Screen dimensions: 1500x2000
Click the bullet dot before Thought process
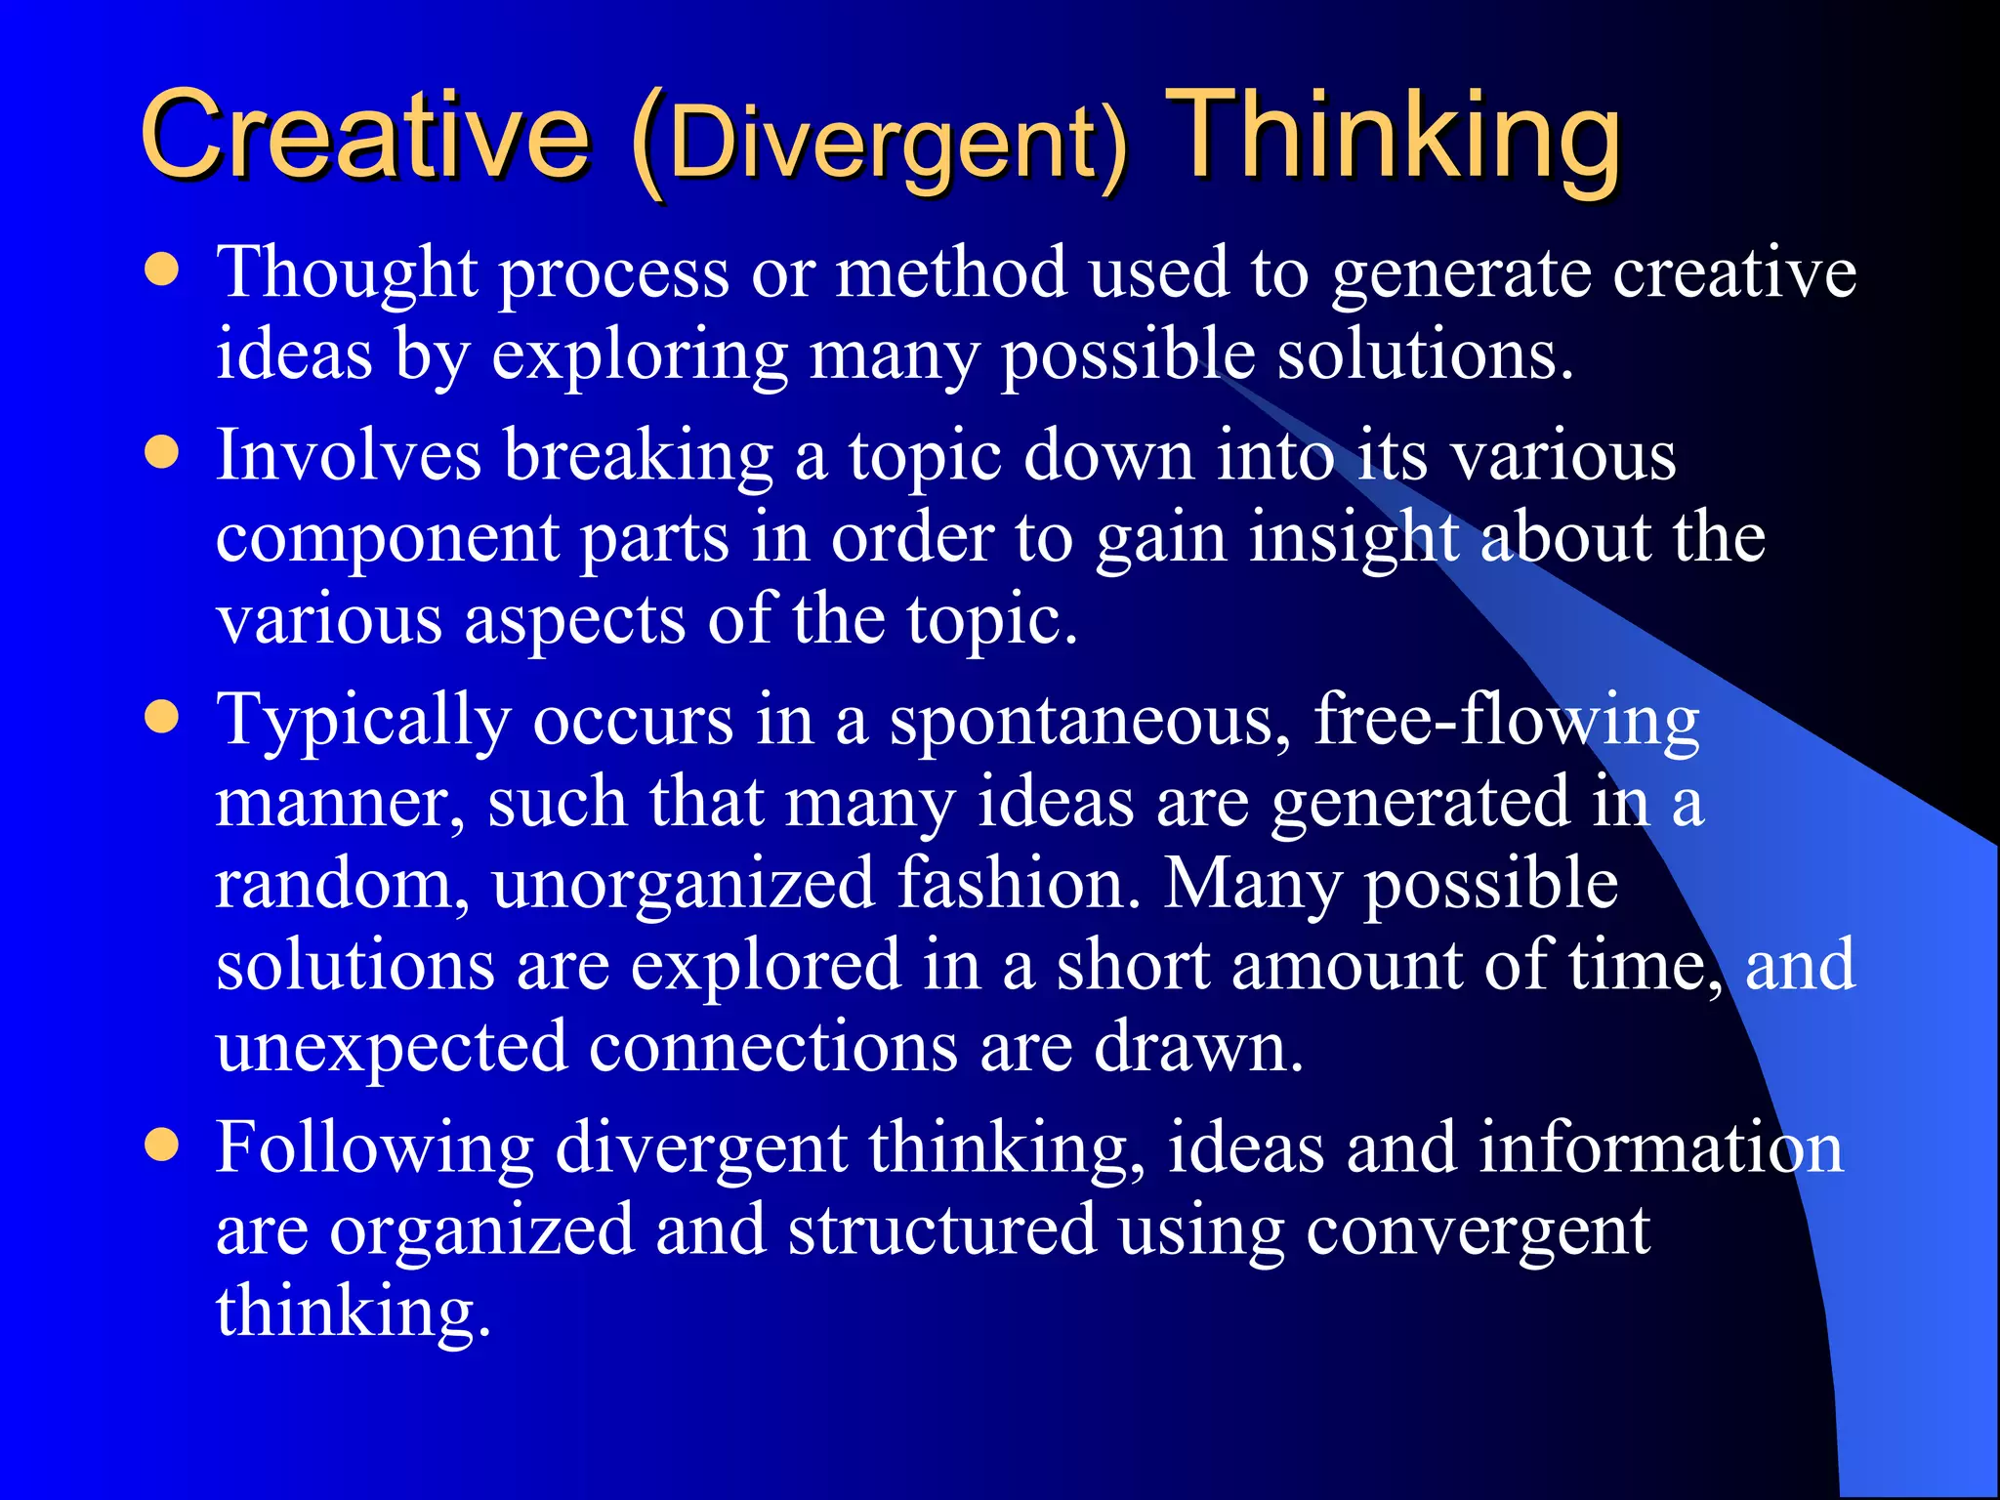pyautogui.click(x=162, y=270)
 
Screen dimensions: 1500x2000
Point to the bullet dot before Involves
pyautogui.click(x=162, y=452)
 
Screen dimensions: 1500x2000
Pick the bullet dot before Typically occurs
pyautogui.click(x=162, y=718)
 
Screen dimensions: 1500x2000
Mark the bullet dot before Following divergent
pyautogui.click(x=162, y=1144)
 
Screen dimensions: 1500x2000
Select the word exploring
pyautogui.click(x=639, y=355)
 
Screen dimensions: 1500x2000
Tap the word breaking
pyautogui.click(x=639, y=456)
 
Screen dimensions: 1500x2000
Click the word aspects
pyautogui.click(x=574, y=621)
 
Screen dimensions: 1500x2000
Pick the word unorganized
pyautogui.click(x=683, y=886)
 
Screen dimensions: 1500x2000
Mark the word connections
pyautogui.click(x=772, y=1047)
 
